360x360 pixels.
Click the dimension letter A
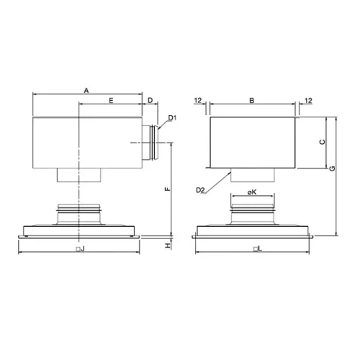(86, 91)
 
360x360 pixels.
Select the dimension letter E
(111, 100)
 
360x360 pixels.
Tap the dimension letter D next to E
(150, 100)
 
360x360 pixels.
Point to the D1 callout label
(172, 118)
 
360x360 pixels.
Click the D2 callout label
(200, 190)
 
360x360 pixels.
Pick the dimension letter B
(252, 100)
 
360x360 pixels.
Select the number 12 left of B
(198, 100)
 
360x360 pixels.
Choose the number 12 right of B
(308, 100)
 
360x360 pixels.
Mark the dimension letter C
(323, 142)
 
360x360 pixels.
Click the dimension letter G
(332, 168)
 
